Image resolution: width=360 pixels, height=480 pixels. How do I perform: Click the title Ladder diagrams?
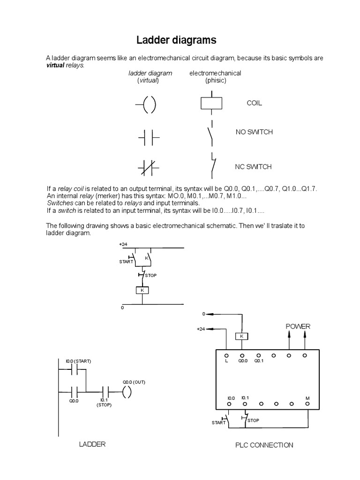point(176,40)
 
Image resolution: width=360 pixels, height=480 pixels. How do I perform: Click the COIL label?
point(255,103)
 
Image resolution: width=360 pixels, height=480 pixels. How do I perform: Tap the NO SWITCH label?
point(254,132)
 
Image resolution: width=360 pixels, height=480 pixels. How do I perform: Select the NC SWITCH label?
point(253,167)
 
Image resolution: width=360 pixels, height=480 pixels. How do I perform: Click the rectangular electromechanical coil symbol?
point(211,103)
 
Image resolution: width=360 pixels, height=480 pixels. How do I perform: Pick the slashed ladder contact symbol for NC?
point(149,168)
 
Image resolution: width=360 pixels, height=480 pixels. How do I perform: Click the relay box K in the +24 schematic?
point(142,290)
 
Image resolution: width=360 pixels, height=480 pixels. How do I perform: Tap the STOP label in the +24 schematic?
point(150,276)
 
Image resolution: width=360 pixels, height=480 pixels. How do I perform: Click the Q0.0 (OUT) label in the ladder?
point(134,382)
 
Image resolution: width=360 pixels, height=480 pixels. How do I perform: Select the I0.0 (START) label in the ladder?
point(78,361)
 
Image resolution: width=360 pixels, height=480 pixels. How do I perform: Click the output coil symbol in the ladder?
point(127,392)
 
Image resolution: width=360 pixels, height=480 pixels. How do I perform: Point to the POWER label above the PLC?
point(298,326)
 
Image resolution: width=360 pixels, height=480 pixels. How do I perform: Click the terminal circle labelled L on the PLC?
point(226,356)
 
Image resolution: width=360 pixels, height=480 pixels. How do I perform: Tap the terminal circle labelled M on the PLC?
point(307,404)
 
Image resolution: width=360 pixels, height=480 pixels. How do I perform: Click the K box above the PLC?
point(241,337)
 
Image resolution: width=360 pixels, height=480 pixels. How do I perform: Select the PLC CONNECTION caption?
point(264,445)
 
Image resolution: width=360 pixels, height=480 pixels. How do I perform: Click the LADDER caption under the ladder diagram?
point(92,444)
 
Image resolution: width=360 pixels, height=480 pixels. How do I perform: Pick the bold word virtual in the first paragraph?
point(55,65)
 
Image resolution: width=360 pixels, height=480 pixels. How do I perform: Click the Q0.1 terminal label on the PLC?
point(259,361)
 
